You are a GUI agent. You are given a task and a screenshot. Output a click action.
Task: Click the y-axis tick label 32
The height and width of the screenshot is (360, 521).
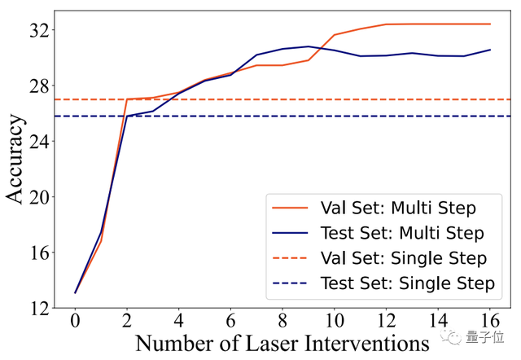37,31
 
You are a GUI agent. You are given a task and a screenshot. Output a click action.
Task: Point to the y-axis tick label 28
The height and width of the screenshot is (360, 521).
37,86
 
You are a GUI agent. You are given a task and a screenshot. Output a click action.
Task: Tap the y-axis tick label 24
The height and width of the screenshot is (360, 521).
37,142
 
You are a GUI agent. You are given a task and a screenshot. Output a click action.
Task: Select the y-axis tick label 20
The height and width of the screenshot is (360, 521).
37,197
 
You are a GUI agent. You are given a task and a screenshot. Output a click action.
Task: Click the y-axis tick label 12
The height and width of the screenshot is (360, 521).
37,308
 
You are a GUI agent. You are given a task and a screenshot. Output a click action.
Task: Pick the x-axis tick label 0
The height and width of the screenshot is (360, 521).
75,323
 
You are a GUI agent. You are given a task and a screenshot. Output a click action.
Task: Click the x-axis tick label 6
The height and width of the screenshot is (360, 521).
230,323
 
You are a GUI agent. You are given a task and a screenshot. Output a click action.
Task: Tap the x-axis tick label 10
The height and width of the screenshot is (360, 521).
334,323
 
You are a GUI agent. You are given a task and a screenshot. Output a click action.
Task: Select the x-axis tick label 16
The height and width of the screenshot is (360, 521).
489,323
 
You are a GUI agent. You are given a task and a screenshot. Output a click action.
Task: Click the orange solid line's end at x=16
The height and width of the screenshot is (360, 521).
490,24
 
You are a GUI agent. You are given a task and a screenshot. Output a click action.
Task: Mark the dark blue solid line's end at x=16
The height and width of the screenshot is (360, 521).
490,50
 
